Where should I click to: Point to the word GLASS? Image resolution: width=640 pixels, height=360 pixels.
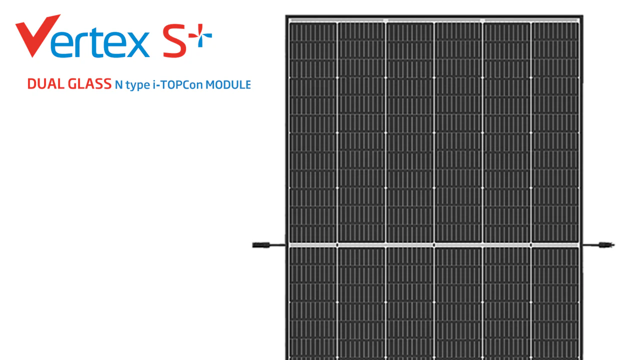(89, 84)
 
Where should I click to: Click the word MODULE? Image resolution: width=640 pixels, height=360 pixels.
(228, 85)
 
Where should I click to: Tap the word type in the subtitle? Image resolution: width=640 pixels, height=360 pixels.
(137, 85)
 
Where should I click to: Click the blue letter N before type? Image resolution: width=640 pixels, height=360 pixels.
(119, 85)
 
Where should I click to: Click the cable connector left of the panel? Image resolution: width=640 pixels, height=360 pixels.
(261, 245)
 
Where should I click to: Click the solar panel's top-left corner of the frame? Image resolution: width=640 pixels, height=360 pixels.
(286, 15)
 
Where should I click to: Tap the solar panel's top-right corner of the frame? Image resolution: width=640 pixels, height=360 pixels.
(582, 15)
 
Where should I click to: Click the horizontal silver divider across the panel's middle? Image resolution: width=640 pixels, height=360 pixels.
(434, 245)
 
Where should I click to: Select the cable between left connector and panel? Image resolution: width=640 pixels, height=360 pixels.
(277, 245)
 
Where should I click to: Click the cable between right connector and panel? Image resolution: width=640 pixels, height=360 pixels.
(591, 245)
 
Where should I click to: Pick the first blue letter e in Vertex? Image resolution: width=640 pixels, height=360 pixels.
(61, 44)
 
